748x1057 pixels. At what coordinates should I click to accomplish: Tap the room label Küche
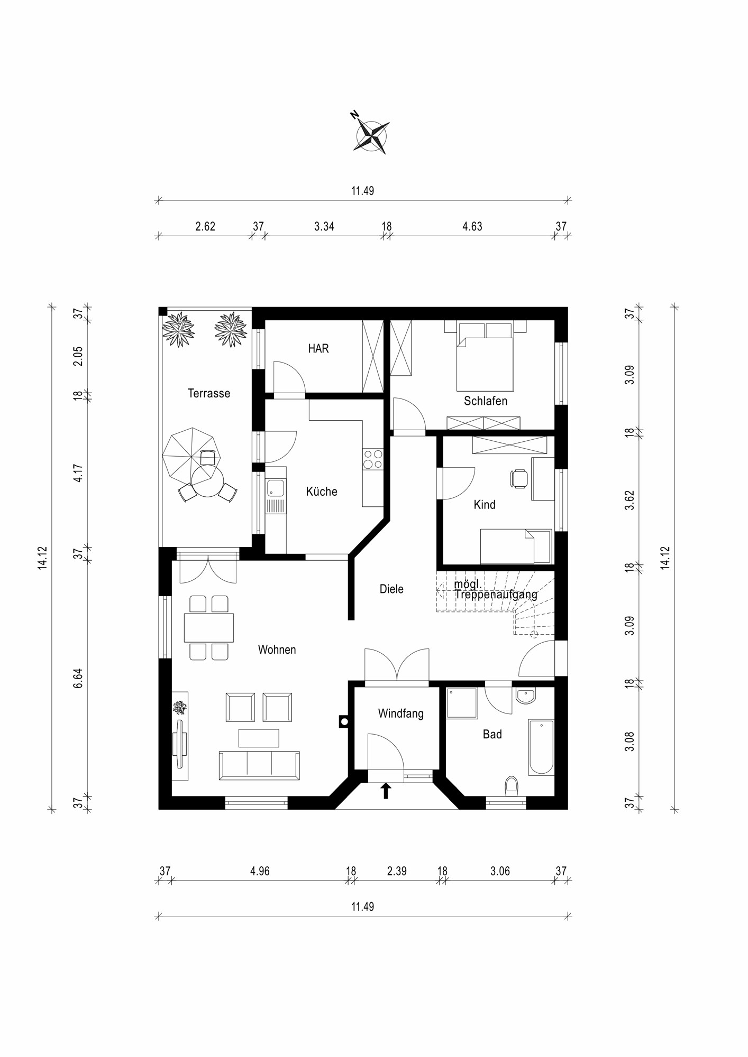[321, 492]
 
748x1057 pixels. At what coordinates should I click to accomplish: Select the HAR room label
[318, 349]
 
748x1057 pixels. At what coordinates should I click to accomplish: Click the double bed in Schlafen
[485, 357]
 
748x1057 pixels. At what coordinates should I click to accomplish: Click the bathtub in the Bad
[541, 746]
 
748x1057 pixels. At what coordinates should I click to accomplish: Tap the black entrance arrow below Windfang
[386, 791]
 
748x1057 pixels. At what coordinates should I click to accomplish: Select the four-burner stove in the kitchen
[372, 459]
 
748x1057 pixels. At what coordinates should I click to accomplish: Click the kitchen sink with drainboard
[276, 496]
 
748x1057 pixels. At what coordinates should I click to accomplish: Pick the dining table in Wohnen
[208, 627]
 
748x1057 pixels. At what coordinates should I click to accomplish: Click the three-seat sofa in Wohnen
[259, 765]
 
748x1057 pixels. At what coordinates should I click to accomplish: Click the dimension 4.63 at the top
[472, 227]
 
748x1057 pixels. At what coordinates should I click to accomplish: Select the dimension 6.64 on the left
[78, 678]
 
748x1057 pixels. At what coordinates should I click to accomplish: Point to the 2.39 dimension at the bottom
[397, 871]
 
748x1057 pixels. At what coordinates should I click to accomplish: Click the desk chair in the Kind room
[519, 478]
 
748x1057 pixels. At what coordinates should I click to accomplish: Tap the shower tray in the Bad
[461, 703]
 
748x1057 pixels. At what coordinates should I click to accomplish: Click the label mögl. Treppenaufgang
[495, 590]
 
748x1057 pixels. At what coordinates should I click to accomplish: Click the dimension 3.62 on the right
[630, 500]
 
